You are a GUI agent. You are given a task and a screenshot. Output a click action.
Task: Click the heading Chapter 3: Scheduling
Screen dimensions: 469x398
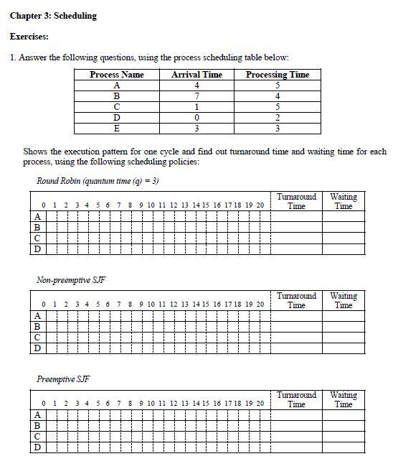pyautogui.click(x=54, y=16)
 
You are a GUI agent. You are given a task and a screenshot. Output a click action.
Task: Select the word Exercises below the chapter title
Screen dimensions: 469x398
pyautogui.click(x=29, y=36)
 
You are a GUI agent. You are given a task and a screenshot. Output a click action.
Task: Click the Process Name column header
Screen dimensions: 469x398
pyautogui.click(x=117, y=75)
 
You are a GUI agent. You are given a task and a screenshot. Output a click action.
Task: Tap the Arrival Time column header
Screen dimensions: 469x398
pyautogui.click(x=197, y=75)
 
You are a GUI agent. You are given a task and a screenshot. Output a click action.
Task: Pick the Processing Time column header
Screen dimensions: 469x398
pyautogui.click(x=278, y=75)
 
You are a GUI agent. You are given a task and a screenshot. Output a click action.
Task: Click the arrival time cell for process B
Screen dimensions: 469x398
pyautogui.click(x=197, y=96)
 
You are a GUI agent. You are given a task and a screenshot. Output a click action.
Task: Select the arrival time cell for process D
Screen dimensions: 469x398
pyautogui.click(x=197, y=118)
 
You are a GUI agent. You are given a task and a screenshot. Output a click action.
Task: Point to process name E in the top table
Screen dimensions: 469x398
pyautogui.click(x=117, y=129)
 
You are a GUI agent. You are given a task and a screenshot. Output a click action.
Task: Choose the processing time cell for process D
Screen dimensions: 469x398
pyautogui.click(x=278, y=118)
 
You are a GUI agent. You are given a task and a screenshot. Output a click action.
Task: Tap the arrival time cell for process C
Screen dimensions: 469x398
pyautogui.click(x=197, y=107)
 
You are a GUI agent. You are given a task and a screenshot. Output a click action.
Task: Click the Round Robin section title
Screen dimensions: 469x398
pyautogui.click(x=98, y=180)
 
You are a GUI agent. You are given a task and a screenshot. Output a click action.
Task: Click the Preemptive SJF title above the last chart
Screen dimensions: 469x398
pyautogui.click(x=63, y=379)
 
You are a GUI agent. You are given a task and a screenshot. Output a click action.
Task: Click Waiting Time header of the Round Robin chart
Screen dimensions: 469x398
pyautogui.click(x=343, y=201)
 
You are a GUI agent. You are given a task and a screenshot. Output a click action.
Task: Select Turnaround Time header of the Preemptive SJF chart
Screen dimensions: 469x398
pyautogui.click(x=296, y=399)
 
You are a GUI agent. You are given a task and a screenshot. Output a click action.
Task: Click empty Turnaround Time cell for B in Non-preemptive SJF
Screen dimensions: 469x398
pyautogui.click(x=296, y=327)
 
